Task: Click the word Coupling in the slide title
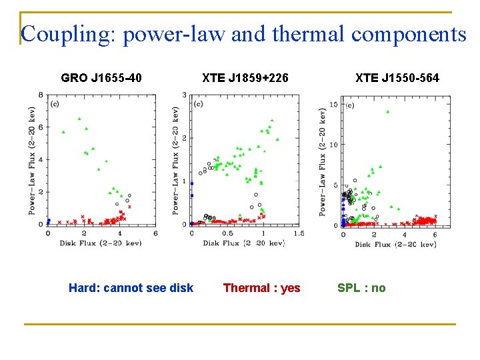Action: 67,35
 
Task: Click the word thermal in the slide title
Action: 308,33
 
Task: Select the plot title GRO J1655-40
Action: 101,78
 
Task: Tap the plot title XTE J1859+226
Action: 245,78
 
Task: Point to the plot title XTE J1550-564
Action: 397,78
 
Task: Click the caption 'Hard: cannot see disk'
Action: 131,288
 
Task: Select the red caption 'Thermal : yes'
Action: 262,288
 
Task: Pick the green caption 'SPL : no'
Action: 361,288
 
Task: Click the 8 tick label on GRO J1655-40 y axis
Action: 41,95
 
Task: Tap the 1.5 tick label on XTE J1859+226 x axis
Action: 299,233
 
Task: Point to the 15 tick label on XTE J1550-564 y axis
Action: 334,105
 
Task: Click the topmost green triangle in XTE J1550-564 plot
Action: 388,112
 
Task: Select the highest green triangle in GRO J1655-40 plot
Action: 79,119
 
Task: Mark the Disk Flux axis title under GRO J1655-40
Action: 101,243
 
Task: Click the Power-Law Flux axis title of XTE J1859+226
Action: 175,161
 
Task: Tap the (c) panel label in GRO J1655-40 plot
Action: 55,104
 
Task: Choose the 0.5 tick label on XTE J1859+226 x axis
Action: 227,233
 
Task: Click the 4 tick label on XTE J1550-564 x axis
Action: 405,235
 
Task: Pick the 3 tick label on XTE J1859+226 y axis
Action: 184,95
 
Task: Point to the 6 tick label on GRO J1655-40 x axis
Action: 155,233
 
